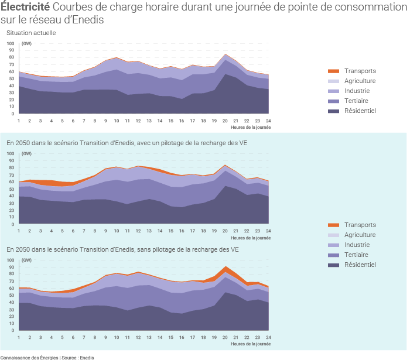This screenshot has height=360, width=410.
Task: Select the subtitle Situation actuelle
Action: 31,33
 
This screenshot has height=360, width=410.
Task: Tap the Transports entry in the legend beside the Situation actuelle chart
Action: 360,71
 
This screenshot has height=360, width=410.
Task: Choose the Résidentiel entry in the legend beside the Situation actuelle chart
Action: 360,111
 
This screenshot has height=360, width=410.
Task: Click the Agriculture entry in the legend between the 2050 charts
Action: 360,235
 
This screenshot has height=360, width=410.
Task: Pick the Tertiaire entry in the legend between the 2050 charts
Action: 359,255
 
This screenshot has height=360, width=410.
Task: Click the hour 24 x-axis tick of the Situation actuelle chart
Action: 268,120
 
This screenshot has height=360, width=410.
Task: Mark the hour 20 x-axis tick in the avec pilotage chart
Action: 225,230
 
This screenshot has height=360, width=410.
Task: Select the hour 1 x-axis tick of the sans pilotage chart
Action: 19,338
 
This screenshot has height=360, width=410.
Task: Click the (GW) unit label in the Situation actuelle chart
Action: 26,44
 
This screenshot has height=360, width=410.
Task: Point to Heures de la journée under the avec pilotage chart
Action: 250,238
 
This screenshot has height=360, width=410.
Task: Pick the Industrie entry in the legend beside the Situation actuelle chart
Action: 357,91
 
